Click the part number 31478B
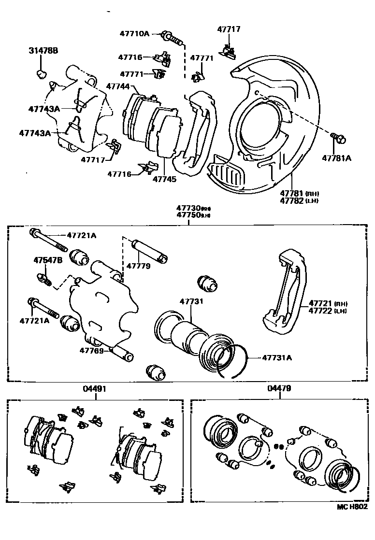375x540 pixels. [43, 50]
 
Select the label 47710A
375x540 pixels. [134, 34]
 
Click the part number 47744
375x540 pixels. [118, 86]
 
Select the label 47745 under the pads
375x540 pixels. [164, 179]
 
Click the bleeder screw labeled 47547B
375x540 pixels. [44, 279]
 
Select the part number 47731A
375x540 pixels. [277, 358]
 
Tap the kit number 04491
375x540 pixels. [95, 388]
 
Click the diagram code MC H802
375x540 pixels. [352, 507]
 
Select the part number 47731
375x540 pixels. [192, 301]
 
